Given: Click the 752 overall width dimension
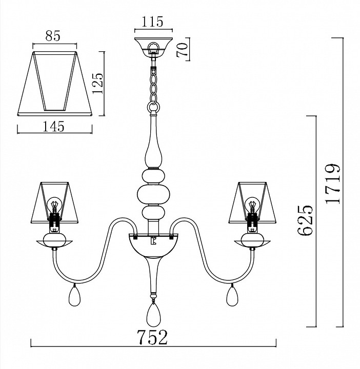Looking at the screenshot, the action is (x=152, y=337).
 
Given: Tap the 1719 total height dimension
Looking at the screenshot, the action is (x=332, y=183).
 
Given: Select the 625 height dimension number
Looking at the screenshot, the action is (x=305, y=220).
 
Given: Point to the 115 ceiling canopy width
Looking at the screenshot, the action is (x=152, y=22).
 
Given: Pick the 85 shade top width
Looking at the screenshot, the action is (x=53, y=36).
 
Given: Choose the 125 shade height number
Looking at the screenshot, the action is (x=98, y=83).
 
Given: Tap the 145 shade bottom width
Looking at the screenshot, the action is (x=53, y=127).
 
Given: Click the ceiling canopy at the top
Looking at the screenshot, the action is (x=153, y=47).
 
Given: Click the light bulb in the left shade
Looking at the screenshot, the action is (x=54, y=204).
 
